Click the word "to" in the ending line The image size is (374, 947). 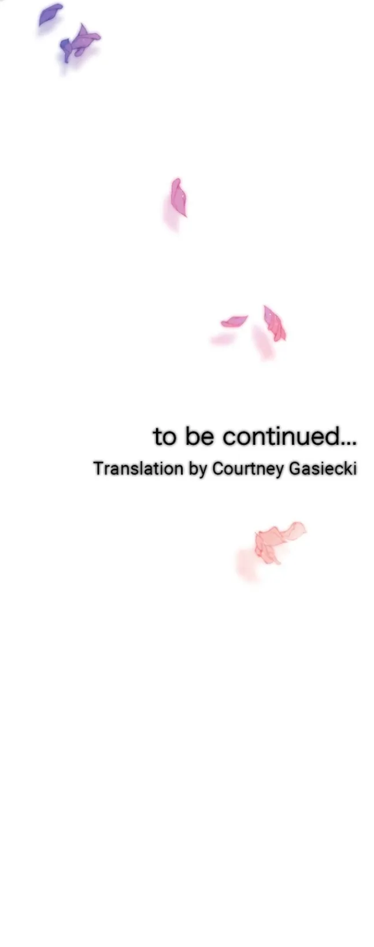pos(164,437)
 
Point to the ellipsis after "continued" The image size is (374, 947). pos(349,443)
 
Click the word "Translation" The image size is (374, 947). pos(138,469)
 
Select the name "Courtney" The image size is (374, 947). pos(248,470)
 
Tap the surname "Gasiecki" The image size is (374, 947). pos(323,469)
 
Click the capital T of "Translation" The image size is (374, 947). pos(98,469)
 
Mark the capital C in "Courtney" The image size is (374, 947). pos(218,469)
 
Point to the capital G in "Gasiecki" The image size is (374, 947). pos(296,469)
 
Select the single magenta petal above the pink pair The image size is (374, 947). pos(179,197)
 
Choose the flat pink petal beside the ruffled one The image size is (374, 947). pos(234,321)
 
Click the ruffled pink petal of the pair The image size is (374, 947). pos(274,323)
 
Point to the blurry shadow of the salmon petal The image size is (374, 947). pos(247,564)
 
